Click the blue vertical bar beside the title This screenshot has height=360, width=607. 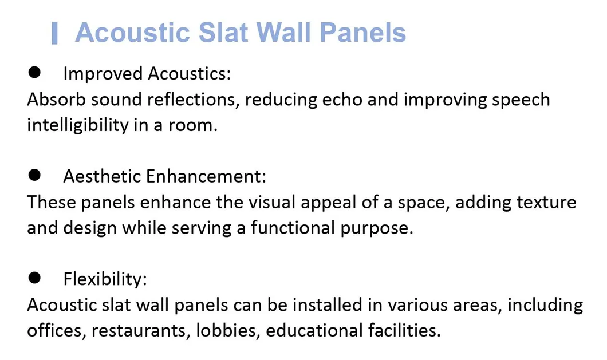coord(54,33)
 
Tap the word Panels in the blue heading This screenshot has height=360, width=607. coord(363,33)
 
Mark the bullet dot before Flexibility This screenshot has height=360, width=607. coord(34,278)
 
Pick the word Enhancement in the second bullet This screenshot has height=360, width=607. coord(206,176)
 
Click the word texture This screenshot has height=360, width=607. coord(545,203)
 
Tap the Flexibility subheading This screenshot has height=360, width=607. coord(105,279)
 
